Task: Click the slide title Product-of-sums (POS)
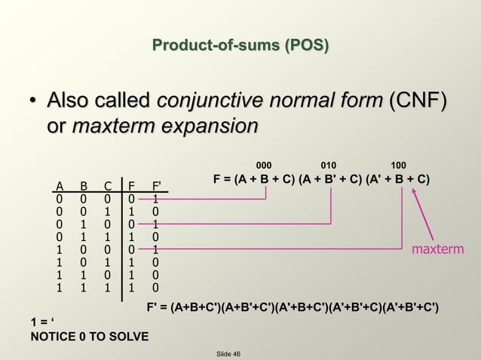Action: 240,46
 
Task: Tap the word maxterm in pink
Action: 437,249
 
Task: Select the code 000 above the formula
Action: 265,163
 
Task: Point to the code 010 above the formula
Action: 329,163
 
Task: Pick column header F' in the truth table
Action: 156,185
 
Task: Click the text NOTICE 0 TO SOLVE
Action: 89,336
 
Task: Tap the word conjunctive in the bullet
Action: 204,100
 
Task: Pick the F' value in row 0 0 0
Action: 155,199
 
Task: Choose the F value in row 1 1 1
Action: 132,287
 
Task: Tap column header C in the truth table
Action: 108,185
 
